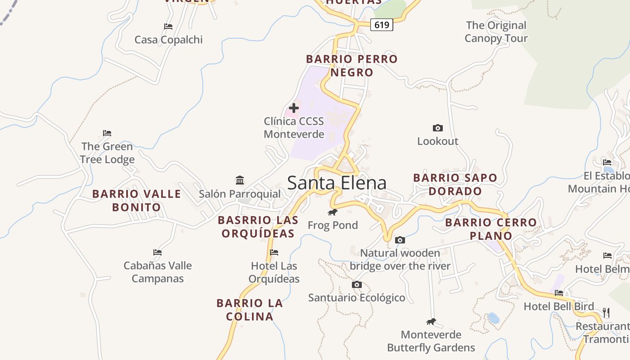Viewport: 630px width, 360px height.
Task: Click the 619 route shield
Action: tap(382, 25)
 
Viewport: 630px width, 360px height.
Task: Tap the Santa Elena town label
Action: tap(337, 183)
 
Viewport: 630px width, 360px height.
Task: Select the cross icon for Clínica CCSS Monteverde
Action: tap(293, 108)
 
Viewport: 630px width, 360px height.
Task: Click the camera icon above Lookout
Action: tap(437, 128)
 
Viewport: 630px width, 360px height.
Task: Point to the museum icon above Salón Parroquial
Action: tap(240, 180)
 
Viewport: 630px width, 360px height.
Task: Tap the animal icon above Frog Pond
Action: tap(333, 212)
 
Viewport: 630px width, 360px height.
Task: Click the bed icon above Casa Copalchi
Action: tap(168, 27)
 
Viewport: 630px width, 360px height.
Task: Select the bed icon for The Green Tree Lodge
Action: tap(107, 133)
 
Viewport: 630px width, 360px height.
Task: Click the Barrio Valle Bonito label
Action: tap(137, 201)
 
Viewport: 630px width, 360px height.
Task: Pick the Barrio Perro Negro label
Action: tap(352, 66)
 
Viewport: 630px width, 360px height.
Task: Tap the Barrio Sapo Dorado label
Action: tap(455, 184)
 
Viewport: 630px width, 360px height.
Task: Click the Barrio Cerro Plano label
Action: tap(491, 229)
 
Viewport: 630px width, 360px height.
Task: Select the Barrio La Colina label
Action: tap(250, 310)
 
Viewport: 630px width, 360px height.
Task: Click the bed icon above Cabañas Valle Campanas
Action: tap(157, 252)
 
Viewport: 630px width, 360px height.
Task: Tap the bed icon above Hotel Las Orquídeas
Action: tap(274, 252)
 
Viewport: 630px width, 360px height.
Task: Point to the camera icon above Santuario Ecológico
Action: tap(356, 285)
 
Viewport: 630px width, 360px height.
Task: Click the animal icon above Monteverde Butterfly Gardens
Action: tap(431, 322)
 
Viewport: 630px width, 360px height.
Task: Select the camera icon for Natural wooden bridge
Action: tap(400, 240)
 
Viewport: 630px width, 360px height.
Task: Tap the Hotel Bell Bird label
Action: tap(558, 306)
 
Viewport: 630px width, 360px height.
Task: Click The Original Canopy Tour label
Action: tap(496, 32)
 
